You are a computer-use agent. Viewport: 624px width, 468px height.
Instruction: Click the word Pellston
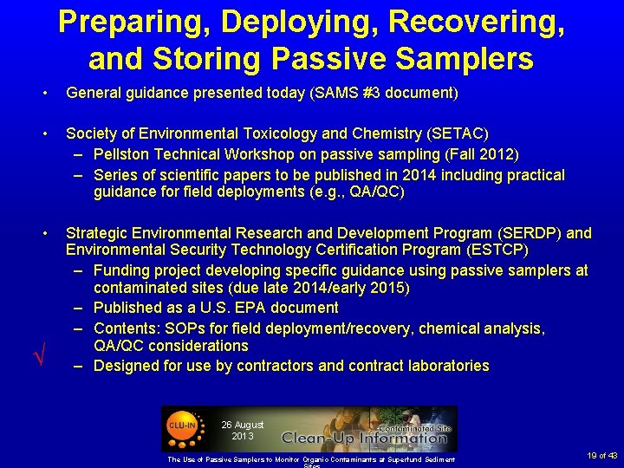[125, 154]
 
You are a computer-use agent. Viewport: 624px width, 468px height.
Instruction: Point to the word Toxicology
[275, 133]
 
